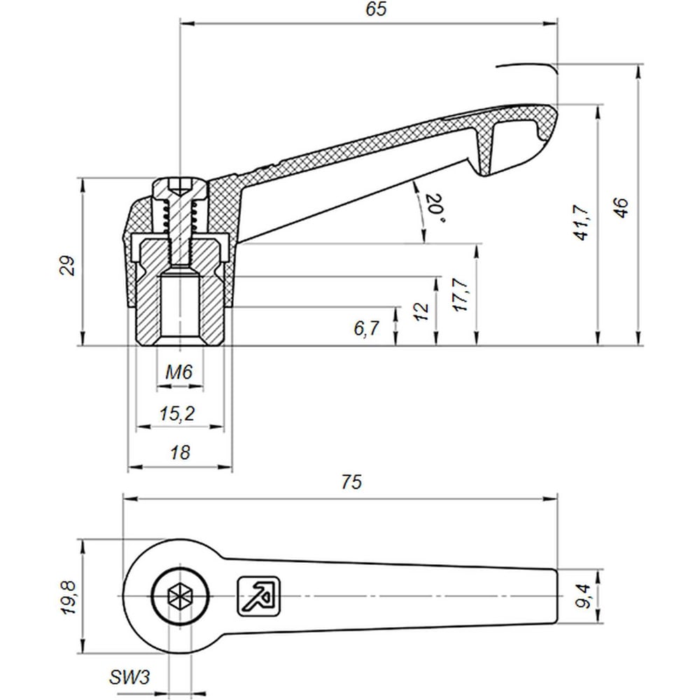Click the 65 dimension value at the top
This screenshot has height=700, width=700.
[375, 10]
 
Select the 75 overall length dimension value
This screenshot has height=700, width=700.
[351, 483]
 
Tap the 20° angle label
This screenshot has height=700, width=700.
[433, 209]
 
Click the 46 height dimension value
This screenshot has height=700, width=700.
[620, 207]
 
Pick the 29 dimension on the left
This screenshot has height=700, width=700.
[68, 265]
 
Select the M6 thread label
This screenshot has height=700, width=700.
[179, 372]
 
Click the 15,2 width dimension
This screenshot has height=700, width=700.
[177, 414]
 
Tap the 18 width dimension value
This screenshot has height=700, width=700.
[180, 453]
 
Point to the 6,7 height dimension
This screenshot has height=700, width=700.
[366, 328]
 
